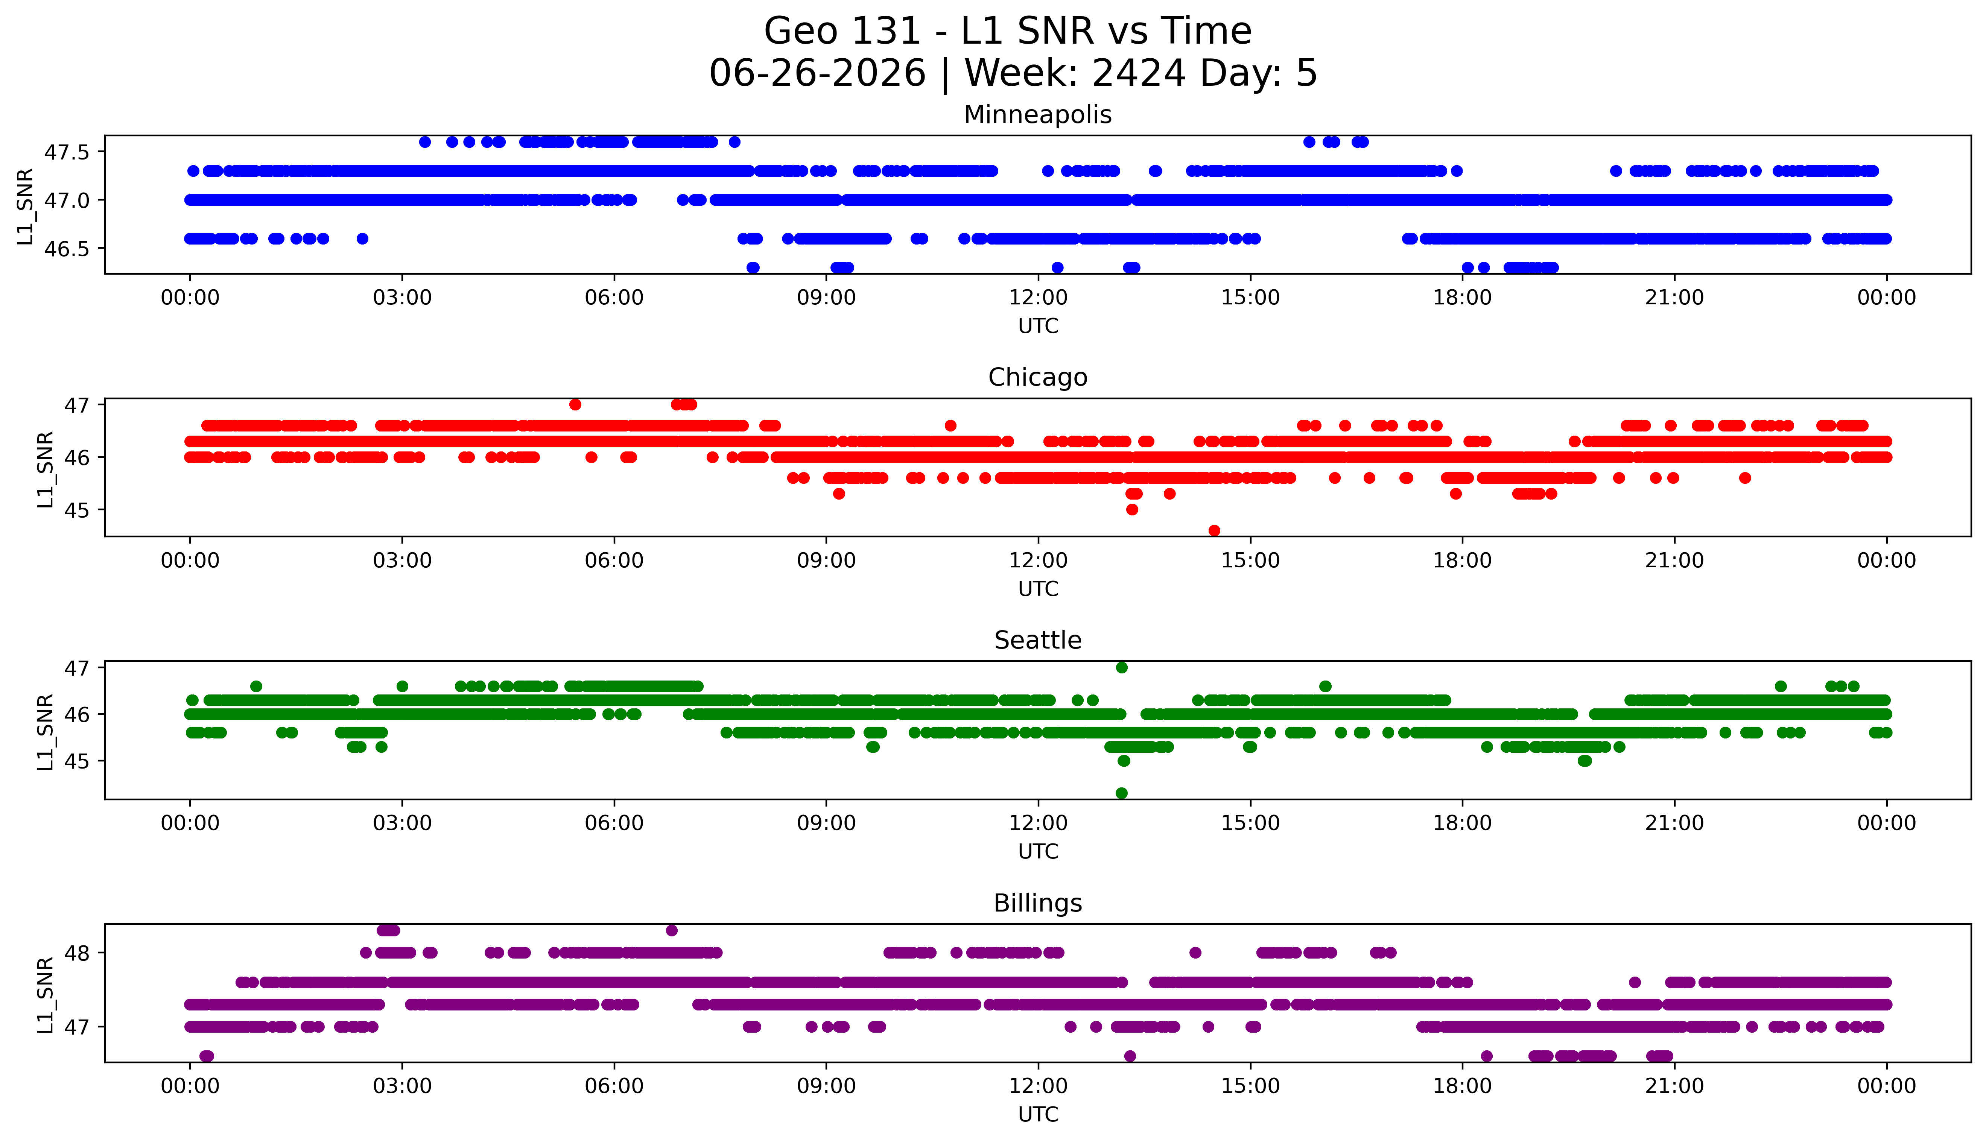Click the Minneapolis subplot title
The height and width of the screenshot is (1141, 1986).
tap(1038, 115)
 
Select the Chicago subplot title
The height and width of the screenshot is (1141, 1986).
tap(1038, 378)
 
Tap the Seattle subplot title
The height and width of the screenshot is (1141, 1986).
tap(1038, 640)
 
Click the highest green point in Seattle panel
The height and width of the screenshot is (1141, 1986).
tap(1122, 668)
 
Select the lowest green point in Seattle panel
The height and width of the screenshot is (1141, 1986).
tap(1122, 793)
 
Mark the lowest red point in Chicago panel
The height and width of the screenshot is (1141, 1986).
tap(1214, 530)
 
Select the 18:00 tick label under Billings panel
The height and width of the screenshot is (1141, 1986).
tap(1463, 1086)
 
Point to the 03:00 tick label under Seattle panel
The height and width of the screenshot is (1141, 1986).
tap(402, 823)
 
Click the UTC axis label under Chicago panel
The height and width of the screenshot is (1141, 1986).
tap(1038, 588)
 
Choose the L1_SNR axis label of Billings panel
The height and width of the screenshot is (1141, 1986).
tap(46, 994)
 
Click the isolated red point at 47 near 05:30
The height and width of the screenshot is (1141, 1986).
tap(575, 404)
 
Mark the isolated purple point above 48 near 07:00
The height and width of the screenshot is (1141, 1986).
tap(672, 930)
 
